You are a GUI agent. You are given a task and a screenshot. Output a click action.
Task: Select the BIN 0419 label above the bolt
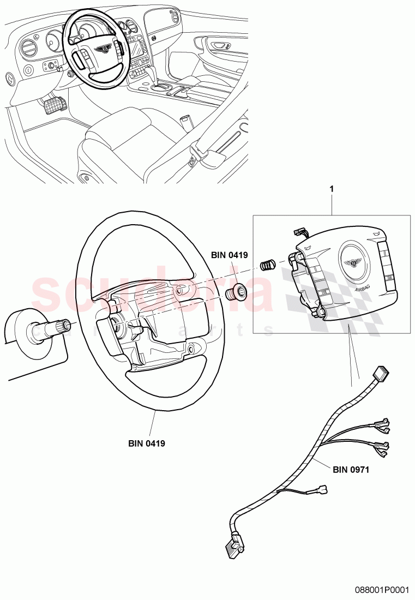click(230, 254)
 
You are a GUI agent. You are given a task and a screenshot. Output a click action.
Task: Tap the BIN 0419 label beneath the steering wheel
click(147, 443)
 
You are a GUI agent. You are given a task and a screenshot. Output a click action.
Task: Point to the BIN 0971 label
click(351, 469)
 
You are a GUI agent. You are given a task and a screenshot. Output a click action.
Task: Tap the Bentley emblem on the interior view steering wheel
click(102, 50)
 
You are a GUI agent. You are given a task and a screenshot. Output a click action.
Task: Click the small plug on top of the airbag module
click(299, 232)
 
